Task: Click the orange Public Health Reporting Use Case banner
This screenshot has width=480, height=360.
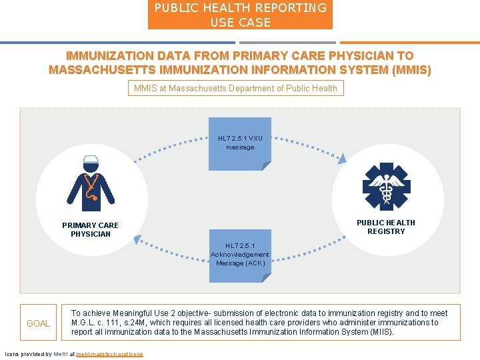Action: click(240, 15)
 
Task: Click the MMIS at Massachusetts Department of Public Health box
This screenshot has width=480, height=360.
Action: click(235, 88)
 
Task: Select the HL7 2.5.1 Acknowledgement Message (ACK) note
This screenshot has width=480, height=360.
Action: click(240, 255)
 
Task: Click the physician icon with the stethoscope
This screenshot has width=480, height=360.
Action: click(91, 183)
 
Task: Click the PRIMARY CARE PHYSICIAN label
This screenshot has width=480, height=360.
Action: click(90, 229)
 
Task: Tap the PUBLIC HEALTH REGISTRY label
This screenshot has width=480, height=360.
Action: click(386, 227)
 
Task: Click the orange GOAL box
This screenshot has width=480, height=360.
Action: click(38, 323)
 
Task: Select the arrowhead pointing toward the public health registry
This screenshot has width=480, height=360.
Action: click(342, 159)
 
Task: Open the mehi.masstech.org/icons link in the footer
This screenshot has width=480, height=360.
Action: click(109, 354)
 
